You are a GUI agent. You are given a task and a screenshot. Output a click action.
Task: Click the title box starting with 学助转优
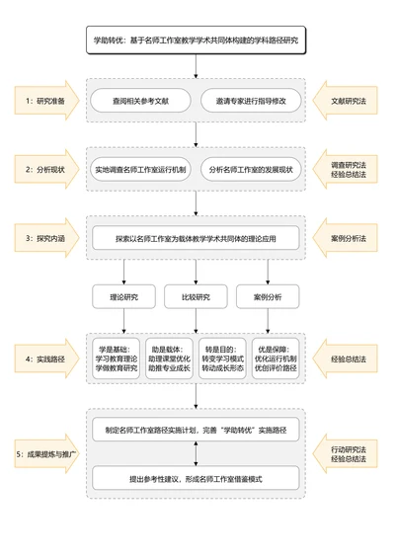point(196,40)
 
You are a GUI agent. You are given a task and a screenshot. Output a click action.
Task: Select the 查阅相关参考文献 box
point(140,101)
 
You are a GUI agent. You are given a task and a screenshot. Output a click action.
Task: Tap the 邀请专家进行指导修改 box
point(251,101)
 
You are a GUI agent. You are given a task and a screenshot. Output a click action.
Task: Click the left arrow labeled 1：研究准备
point(45,101)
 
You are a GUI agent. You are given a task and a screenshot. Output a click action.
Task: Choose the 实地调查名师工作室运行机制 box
point(140,170)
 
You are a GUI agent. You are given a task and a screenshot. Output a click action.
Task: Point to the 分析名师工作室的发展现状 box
point(251,170)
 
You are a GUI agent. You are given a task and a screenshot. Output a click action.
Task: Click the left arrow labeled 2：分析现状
point(45,170)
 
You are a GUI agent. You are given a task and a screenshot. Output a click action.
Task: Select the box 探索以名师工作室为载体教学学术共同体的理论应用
point(196,238)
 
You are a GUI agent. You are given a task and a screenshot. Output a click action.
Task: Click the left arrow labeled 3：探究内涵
point(45,238)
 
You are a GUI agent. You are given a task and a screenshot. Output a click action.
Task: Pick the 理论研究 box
point(123,296)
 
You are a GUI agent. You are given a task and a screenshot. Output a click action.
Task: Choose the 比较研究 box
point(196,296)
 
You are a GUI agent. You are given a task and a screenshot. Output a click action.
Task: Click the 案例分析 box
point(268,296)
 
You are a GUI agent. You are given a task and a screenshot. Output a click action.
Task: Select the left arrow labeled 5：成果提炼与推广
point(45,454)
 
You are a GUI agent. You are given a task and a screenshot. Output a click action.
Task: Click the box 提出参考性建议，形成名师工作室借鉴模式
point(196,479)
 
